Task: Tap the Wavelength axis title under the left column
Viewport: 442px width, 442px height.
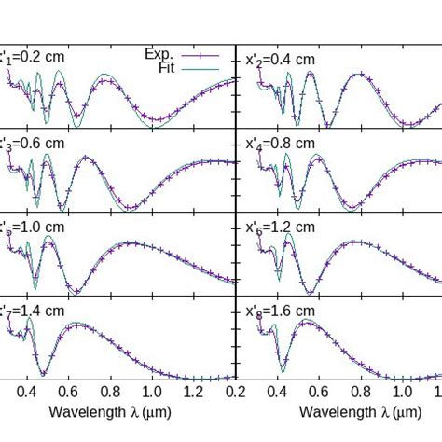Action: click(x=111, y=411)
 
